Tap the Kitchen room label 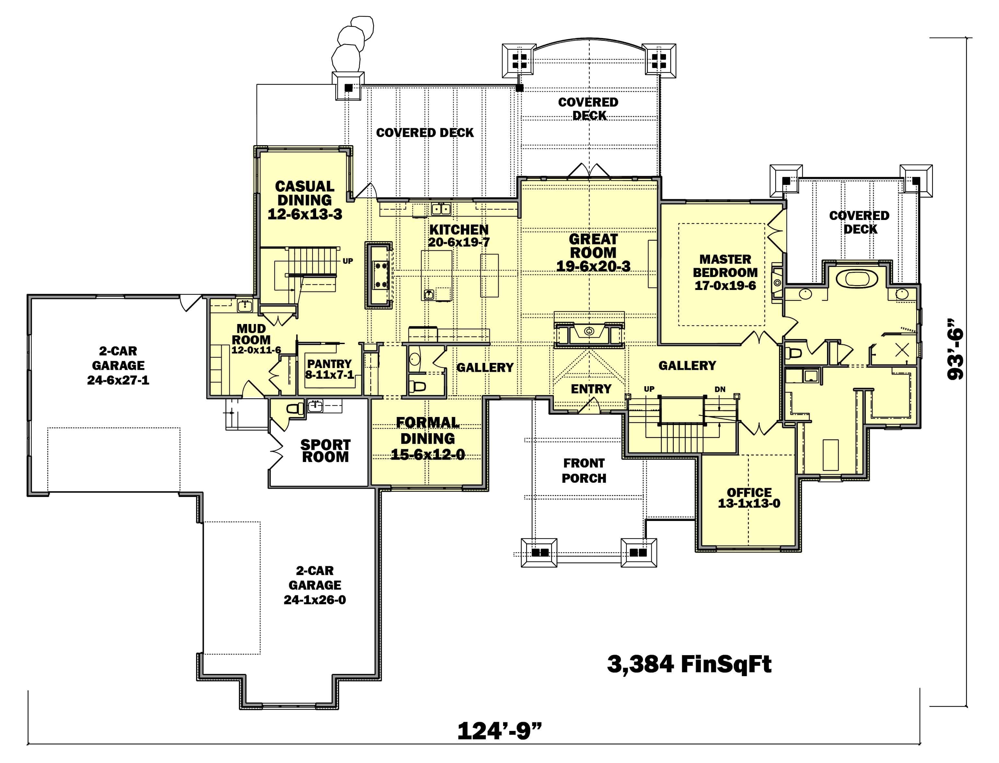459,230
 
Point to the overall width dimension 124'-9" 499,731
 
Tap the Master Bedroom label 725,266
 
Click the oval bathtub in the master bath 858,278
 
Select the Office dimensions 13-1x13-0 749,503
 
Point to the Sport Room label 325,451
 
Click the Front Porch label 584,470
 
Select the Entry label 591,389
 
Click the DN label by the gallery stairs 720,389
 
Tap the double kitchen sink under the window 441,209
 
